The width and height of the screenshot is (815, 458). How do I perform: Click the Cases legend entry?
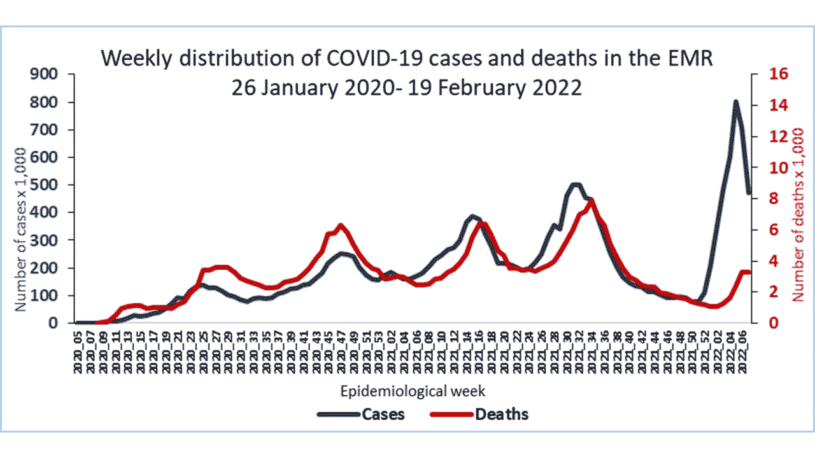[383, 414]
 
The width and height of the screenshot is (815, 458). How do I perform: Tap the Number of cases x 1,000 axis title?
[20, 230]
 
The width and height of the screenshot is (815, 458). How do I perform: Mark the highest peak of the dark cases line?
[735, 101]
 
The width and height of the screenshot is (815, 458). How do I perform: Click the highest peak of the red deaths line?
[592, 200]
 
